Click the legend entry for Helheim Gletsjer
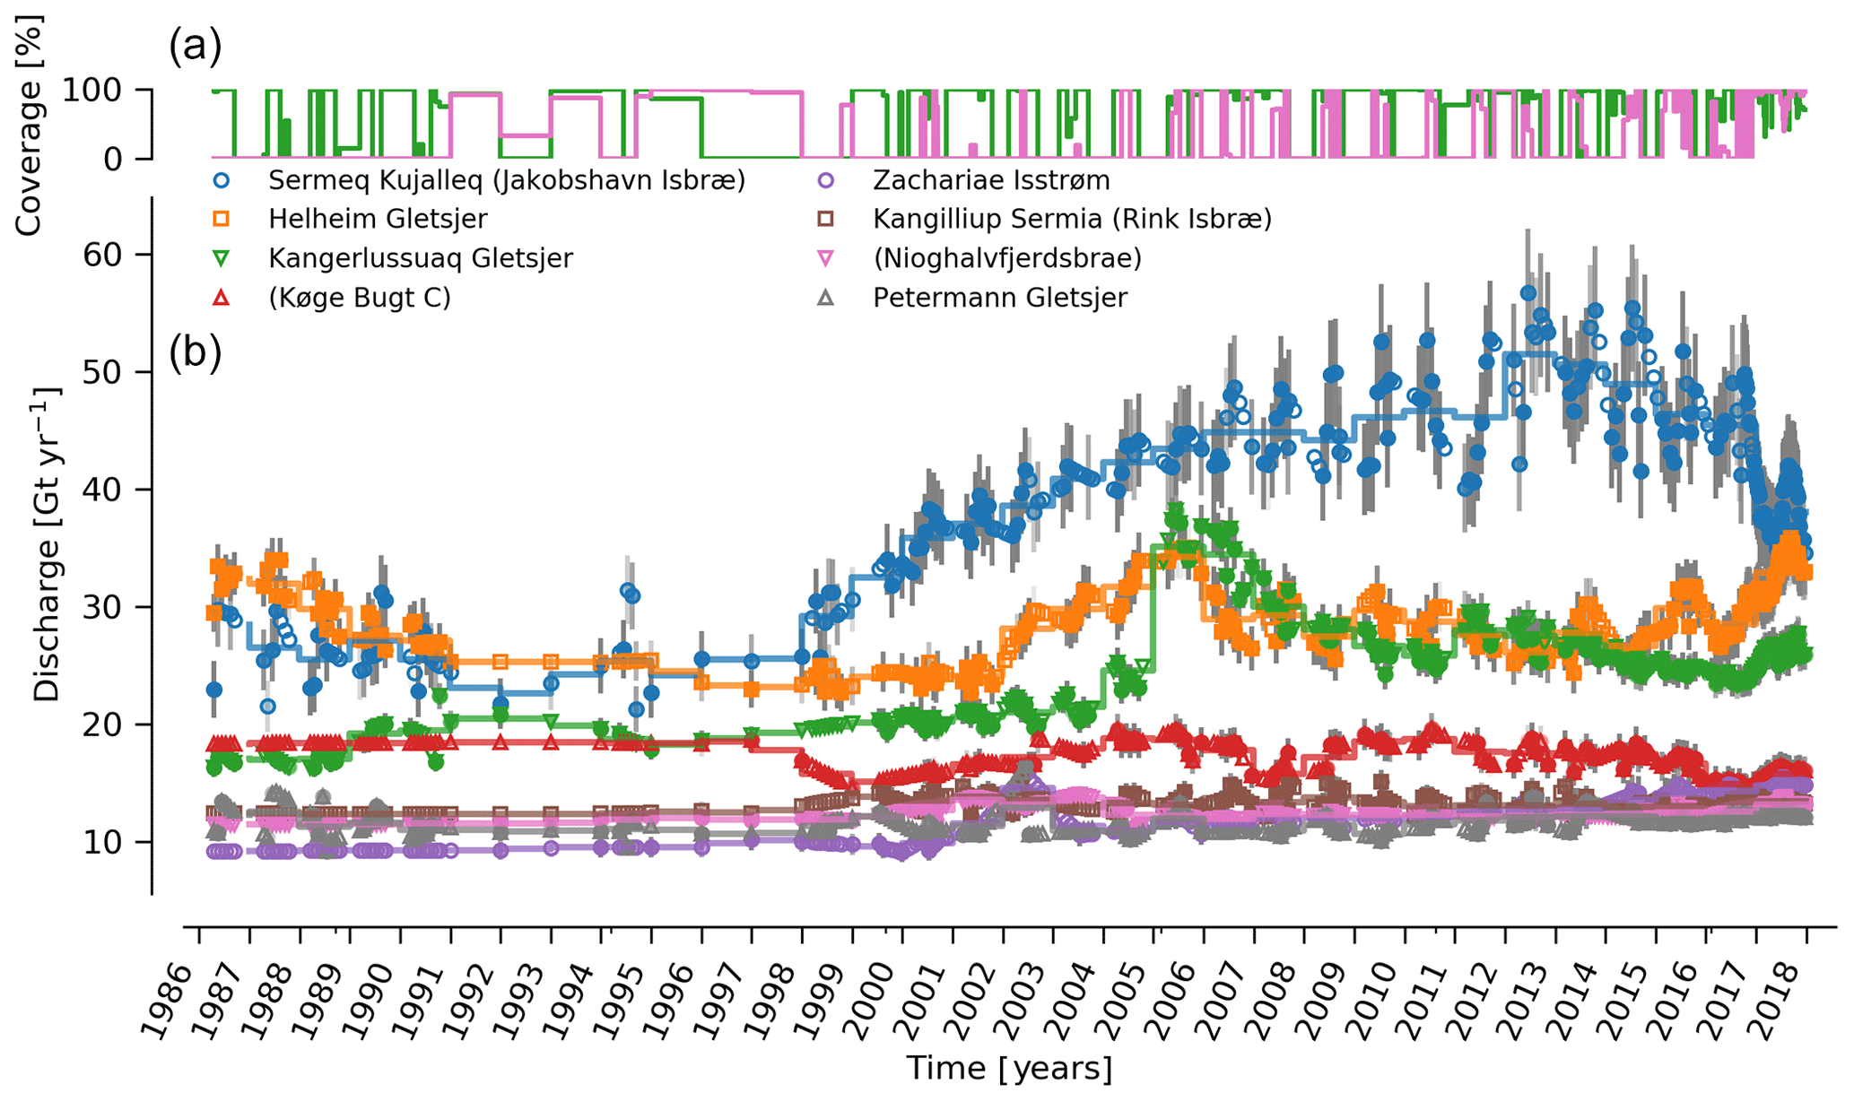click(x=378, y=219)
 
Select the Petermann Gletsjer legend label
click(x=999, y=298)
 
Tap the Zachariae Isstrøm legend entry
click(x=991, y=180)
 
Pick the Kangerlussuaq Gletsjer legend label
click(x=420, y=258)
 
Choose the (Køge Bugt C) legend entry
click(x=359, y=298)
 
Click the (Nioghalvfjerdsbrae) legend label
click(x=1007, y=258)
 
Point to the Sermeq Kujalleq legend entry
click(x=506, y=180)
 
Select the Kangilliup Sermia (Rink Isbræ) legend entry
click(x=1072, y=219)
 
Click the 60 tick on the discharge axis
click(x=102, y=255)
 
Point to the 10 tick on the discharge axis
click(x=102, y=842)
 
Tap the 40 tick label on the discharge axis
click(x=102, y=490)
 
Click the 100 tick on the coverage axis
click(x=93, y=90)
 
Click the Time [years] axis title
click(x=1009, y=1069)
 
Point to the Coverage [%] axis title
click(x=30, y=126)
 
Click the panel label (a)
click(x=195, y=47)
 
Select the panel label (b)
click(x=195, y=353)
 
